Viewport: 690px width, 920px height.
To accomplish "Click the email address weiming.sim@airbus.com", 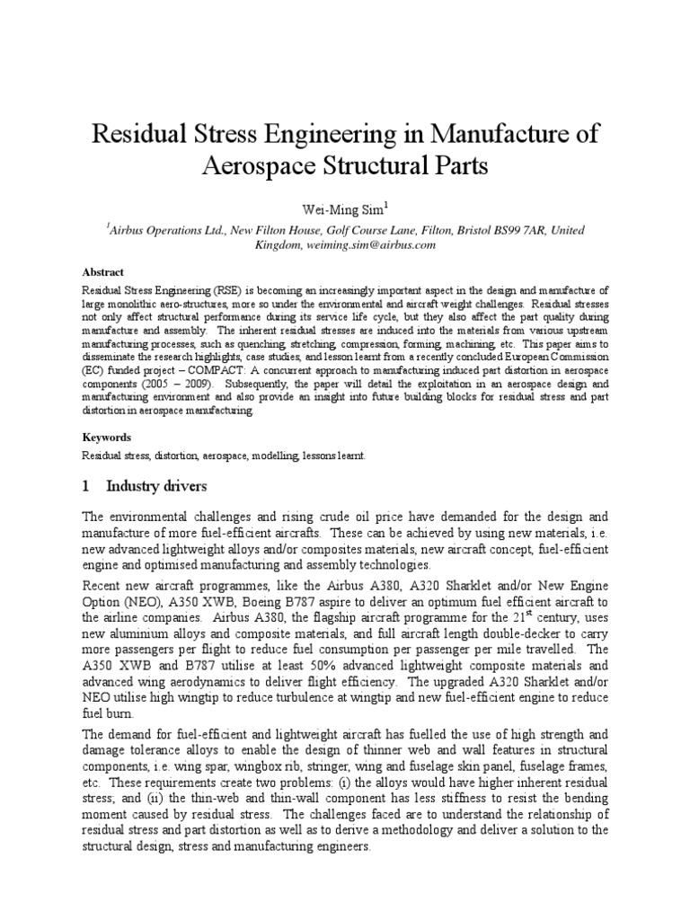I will click(357, 243).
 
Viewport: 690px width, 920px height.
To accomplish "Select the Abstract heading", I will click(103, 272).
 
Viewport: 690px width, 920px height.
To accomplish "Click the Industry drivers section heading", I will click(156, 486).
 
